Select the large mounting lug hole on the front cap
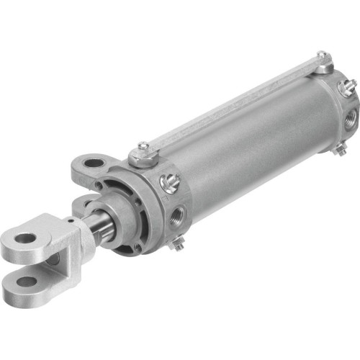tap(93, 163)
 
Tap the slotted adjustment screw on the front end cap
tap(170, 184)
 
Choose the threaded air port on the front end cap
tap(178, 214)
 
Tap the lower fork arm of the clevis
tap(29, 285)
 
